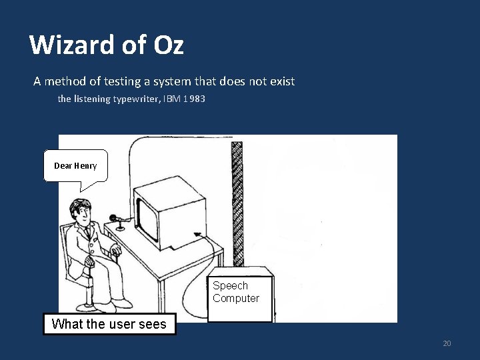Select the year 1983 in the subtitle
193,99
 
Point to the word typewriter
131,99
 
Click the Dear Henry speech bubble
75,166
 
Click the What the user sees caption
109,324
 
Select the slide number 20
447,343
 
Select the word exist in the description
280,82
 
